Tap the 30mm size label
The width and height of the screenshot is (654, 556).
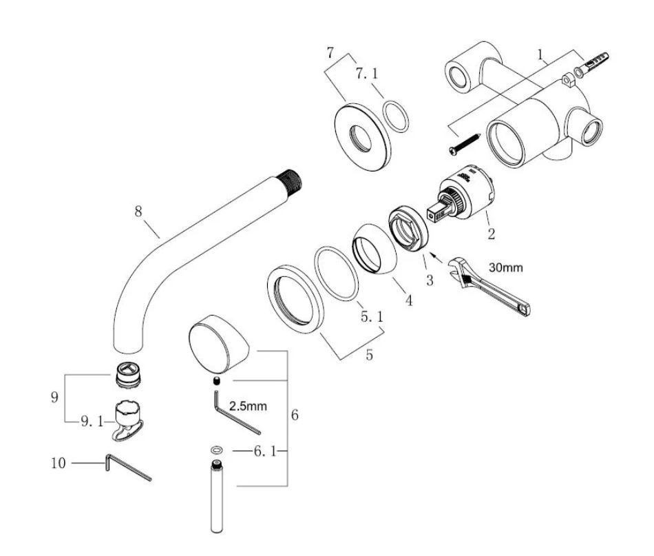point(505,267)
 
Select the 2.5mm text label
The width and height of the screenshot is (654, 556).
point(248,406)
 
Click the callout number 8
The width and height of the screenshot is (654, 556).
point(138,212)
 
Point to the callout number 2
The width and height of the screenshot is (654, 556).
point(492,234)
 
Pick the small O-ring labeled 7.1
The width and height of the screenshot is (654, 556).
point(395,116)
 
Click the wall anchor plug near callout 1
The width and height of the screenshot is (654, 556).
point(592,64)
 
